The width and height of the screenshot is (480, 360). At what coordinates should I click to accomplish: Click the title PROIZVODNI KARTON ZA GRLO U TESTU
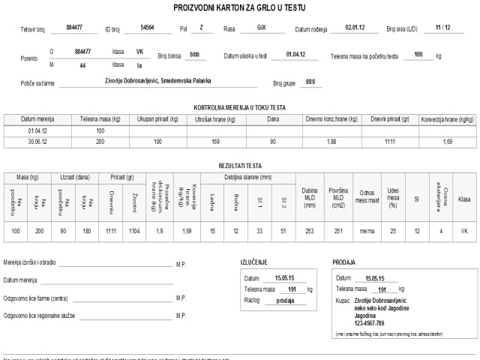tap(239, 7)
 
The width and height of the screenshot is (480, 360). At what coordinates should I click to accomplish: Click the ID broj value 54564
tap(147, 27)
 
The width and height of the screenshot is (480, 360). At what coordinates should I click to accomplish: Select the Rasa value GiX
tap(261, 28)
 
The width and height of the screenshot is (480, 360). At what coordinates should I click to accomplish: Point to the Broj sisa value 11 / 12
tap(442, 27)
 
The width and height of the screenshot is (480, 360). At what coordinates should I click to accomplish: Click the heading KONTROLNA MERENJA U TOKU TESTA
tap(239, 108)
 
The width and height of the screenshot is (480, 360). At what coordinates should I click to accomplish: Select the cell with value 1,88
tap(331, 141)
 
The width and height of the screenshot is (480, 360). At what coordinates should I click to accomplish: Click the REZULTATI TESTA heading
tap(239, 165)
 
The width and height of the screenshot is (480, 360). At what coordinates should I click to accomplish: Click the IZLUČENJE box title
tap(254, 263)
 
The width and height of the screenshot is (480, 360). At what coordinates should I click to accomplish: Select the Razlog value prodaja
tap(285, 299)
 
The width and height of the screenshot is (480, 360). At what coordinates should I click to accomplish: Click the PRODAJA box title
tap(344, 263)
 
